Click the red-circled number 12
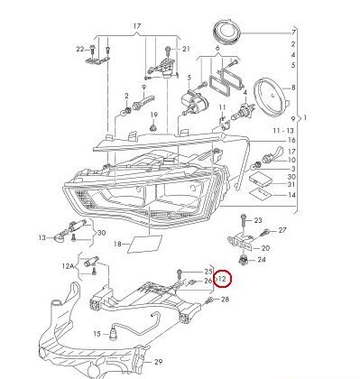tap(222, 279)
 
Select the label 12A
tap(68, 266)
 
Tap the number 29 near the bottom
tap(159, 362)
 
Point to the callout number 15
tap(97, 334)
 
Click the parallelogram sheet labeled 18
tap(145, 244)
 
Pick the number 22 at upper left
tap(80, 49)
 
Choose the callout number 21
tap(186, 49)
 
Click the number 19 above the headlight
tap(153, 115)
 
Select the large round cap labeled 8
tap(270, 96)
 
